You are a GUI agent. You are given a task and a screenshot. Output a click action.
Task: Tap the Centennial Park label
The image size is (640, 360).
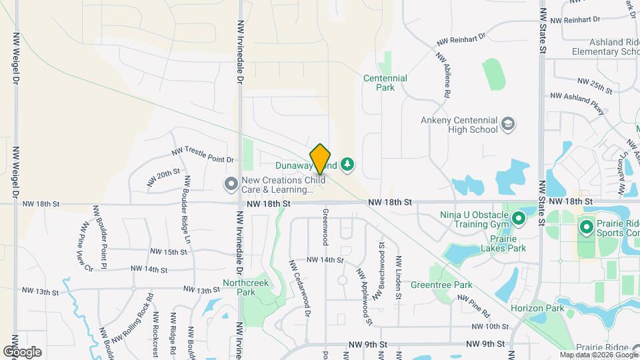(385, 83)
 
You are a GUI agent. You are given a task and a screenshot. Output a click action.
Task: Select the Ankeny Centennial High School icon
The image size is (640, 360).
(508, 124)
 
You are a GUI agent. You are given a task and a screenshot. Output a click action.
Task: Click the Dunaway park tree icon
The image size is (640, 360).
(347, 163)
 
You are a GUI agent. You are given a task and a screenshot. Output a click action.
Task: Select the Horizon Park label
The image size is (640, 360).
(537, 309)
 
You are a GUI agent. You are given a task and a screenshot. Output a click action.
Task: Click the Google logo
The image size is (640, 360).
(22, 352)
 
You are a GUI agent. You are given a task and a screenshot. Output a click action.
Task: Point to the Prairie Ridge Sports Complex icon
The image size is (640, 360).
(587, 228)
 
